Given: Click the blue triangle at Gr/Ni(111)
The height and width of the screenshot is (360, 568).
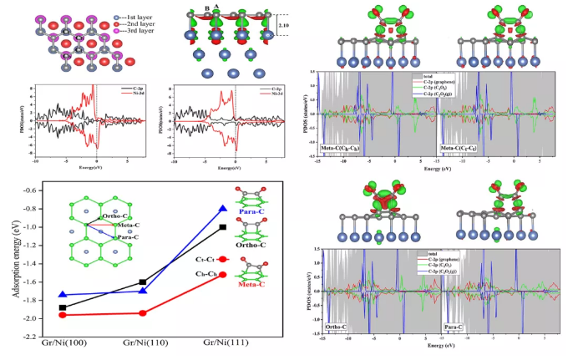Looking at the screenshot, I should point(222,208).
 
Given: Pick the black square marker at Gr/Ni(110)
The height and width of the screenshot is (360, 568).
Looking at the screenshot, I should point(143,282).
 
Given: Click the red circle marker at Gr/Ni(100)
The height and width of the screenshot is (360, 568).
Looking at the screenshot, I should point(63,315).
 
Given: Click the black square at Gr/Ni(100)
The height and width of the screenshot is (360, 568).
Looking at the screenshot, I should point(63,308).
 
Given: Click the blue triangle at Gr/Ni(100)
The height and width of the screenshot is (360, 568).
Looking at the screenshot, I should point(63,295).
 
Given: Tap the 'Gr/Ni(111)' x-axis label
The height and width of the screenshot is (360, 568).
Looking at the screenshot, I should point(222,342).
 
